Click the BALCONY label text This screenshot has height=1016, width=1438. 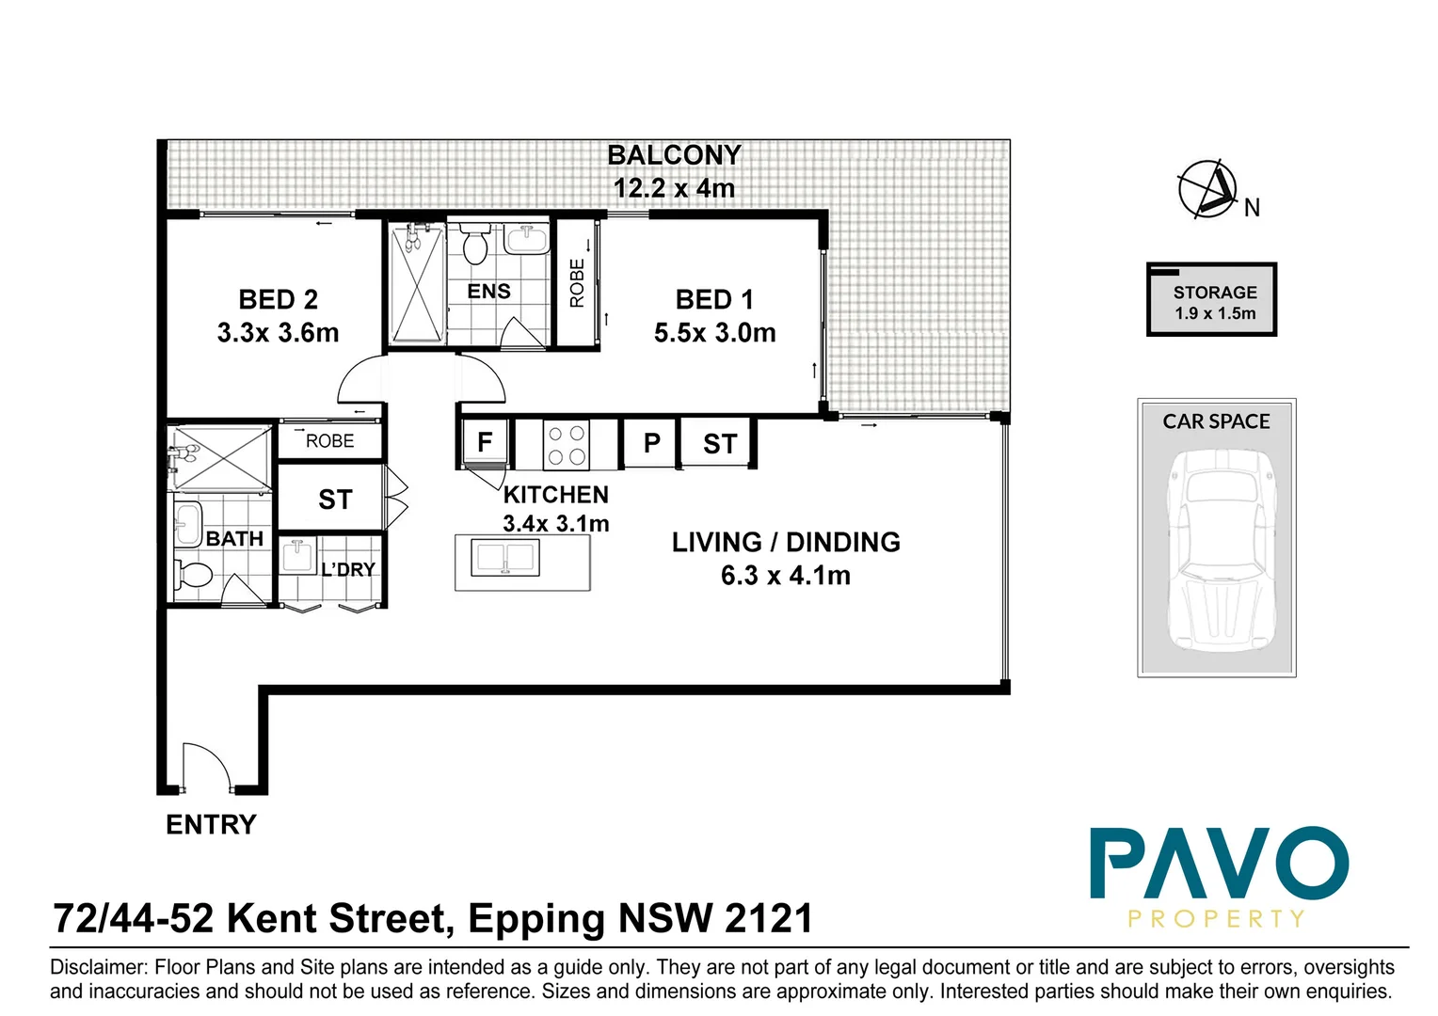point(674,155)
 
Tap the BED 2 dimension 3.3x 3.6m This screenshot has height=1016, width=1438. point(278,333)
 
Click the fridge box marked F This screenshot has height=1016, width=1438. point(485,443)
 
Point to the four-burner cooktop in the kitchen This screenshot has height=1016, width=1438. point(567,445)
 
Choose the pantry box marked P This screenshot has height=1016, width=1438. point(651,443)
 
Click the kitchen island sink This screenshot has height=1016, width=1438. point(506,559)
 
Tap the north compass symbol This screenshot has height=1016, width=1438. point(1207,189)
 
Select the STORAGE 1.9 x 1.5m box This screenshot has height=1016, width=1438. point(1212,301)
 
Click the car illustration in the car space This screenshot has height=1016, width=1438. point(1216,549)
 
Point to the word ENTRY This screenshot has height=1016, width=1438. point(211,825)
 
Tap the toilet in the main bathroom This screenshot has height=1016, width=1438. point(193,573)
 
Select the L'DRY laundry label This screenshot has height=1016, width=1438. point(348,570)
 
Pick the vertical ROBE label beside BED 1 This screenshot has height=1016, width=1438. point(577,283)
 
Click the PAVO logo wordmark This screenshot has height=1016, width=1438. point(1219,864)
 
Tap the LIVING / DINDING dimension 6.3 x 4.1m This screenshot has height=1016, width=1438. point(785,576)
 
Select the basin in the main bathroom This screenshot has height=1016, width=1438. point(187,522)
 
